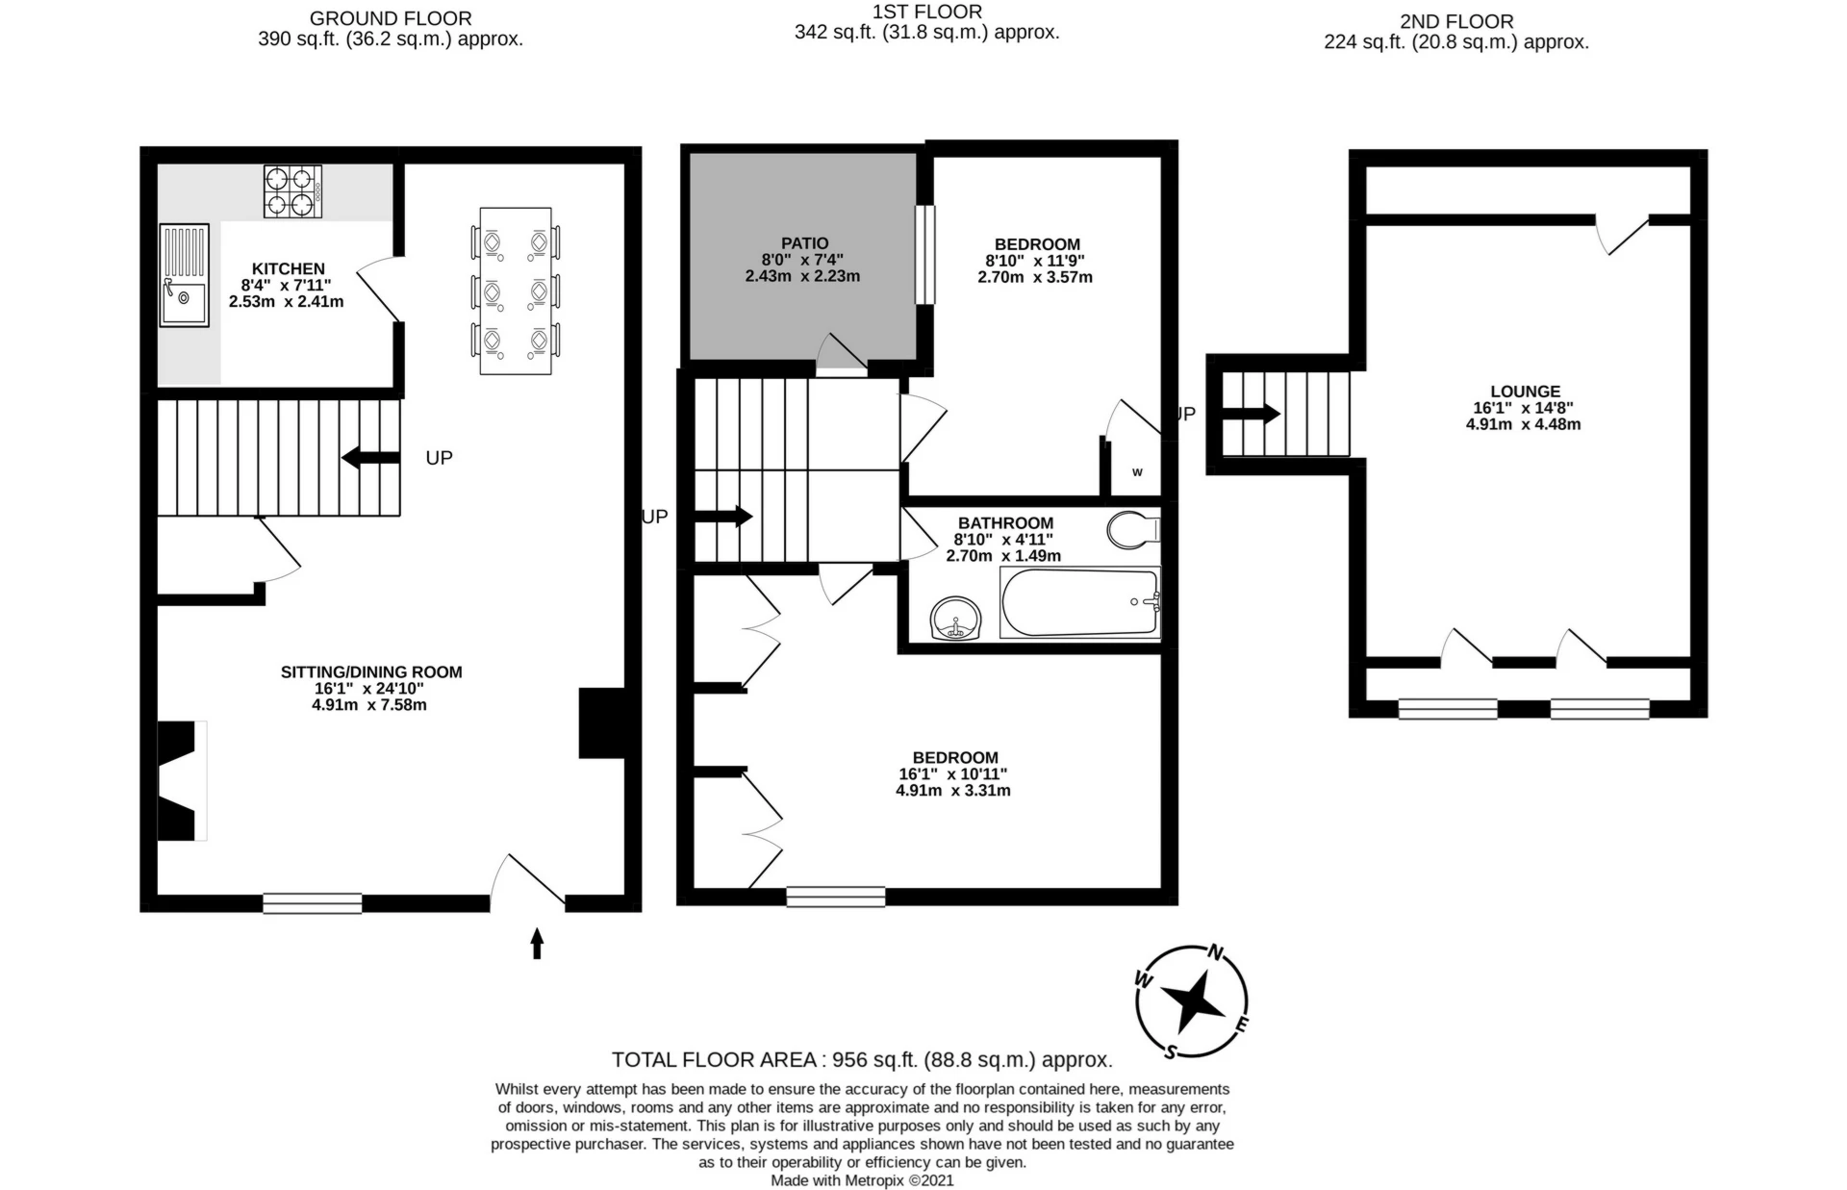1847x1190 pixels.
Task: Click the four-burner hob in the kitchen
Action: point(292,190)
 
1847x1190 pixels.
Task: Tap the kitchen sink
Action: point(184,275)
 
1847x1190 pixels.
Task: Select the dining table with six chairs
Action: point(516,291)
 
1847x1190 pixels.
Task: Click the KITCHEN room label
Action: point(289,268)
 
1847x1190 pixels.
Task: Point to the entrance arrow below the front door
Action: point(537,943)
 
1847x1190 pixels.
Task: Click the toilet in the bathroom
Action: point(1133,529)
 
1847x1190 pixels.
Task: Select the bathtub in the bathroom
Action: point(1080,602)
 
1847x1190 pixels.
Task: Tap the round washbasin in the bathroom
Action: point(955,618)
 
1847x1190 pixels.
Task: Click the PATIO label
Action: point(805,243)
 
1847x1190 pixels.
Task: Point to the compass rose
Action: point(1192,1001)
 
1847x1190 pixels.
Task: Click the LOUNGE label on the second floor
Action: point(1525,392)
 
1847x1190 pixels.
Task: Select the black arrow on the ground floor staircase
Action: point(370,458)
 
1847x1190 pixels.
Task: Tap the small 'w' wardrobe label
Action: point(1137,472)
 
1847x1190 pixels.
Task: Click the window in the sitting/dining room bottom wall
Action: point(313,903)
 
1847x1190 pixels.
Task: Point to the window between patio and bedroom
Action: point(924,255)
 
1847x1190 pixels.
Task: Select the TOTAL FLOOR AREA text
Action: point(862,1060)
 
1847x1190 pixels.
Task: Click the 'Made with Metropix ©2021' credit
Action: point(862,1180)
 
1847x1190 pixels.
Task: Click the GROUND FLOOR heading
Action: point(391,18)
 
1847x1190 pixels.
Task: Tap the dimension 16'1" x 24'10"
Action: point(368,689)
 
